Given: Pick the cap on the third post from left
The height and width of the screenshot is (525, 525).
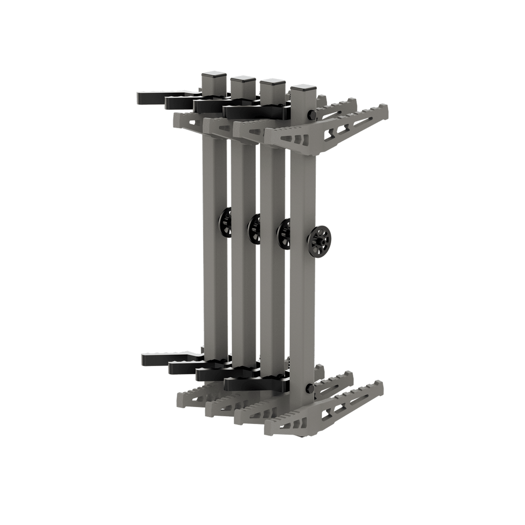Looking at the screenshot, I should coord(273,83).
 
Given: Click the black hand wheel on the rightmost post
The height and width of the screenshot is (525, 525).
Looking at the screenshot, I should coord(320,239).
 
